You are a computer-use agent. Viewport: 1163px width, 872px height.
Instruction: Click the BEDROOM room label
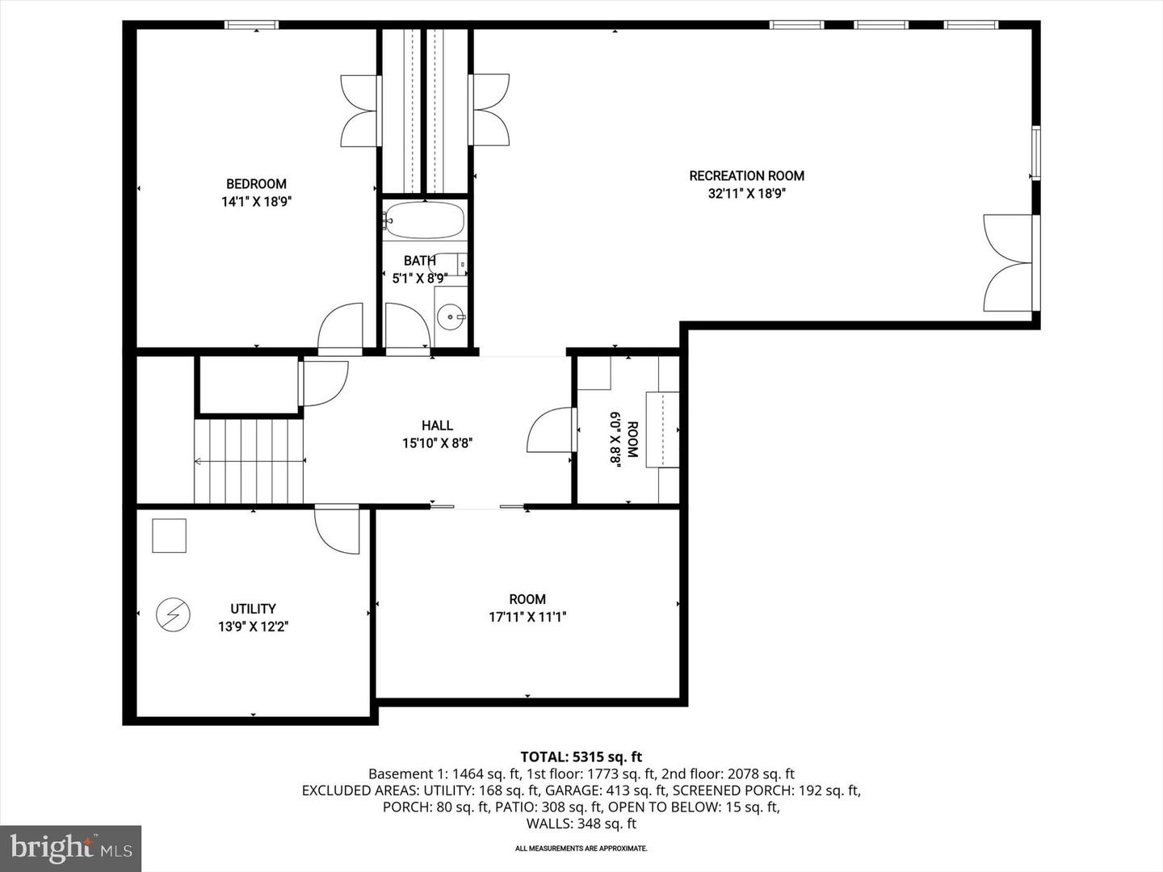256,184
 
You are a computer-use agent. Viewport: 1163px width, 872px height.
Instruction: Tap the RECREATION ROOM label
746,176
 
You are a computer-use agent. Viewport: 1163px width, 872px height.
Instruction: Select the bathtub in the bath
425,220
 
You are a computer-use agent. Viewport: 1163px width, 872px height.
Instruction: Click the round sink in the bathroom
450,317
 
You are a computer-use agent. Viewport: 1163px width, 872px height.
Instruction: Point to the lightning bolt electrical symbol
173,615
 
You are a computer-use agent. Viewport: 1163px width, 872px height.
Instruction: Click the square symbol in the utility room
170,535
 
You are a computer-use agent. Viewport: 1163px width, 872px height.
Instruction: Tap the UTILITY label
253,609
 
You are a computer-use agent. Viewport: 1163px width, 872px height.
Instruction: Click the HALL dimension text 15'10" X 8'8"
437,442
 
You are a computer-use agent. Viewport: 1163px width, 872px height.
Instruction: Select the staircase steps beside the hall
249,460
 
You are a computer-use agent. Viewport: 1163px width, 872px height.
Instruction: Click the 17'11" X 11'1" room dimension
527,617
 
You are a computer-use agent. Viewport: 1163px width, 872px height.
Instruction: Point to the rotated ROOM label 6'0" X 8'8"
623,439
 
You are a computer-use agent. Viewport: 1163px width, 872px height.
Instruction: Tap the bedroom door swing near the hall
340,329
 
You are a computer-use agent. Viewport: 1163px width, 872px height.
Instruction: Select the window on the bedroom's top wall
251,25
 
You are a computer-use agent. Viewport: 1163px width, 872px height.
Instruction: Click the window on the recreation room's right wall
1035,153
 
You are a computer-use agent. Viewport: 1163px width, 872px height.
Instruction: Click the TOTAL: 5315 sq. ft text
581,757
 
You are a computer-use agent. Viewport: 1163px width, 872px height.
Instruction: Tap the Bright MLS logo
71,848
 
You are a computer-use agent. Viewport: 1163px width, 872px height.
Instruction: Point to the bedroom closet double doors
360,111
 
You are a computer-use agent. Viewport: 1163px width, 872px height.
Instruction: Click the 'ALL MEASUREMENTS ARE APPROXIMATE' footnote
581,849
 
